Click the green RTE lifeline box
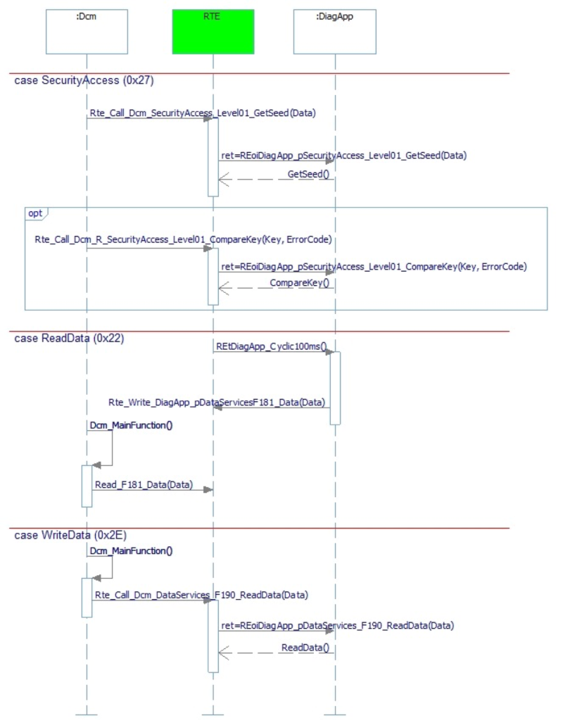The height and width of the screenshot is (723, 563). pos(213,32)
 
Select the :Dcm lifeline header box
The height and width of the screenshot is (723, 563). pos(87,32)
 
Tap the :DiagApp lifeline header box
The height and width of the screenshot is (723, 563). pos(335,32)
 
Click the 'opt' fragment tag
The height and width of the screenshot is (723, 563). pos(35,213)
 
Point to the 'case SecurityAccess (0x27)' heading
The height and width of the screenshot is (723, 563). pos(84,80)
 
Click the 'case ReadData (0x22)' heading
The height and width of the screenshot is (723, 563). pos(69,339)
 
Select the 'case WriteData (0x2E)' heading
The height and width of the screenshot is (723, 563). pos(70,535)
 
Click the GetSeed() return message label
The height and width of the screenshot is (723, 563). pos(308,175)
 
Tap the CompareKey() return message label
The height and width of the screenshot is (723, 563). pos(300,282)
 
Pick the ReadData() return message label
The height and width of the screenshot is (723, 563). pos(305,648)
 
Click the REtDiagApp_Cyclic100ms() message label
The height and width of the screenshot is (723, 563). pos(272,346)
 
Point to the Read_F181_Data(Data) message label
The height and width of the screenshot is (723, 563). pos(144,484)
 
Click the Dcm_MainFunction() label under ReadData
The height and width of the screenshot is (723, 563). pos(131,425)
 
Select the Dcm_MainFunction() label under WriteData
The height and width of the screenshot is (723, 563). pos(131,551)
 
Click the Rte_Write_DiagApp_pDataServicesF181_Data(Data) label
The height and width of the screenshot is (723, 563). pos(217,403)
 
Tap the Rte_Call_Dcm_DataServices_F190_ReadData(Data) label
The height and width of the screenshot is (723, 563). pos(201,595)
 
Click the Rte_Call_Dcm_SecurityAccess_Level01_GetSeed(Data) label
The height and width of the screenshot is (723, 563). pos(203,113)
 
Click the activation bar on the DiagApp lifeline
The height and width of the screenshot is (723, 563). pos(335,388)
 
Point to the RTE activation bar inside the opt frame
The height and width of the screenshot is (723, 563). pos(213,277)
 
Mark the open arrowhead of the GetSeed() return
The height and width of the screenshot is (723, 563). pos(224,180)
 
